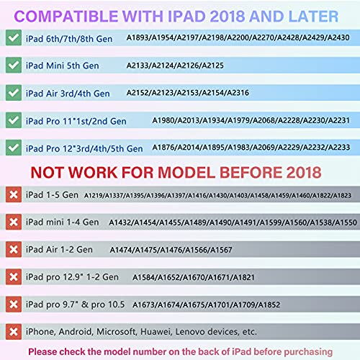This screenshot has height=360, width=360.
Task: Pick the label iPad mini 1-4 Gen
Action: point(63,222)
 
